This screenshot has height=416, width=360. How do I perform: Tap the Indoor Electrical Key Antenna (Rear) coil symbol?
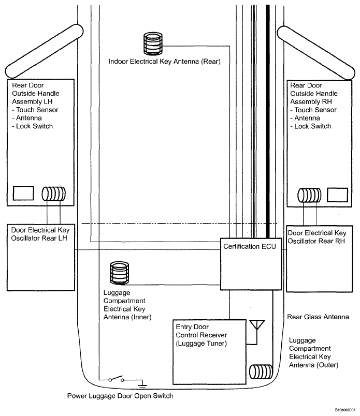click(x=153, y=44)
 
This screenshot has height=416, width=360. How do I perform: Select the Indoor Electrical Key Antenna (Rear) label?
click(x=165, y=62)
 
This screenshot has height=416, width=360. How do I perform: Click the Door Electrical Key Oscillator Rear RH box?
click(x=320, y=257)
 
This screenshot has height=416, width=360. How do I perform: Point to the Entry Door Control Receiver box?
click(x=210, y=344)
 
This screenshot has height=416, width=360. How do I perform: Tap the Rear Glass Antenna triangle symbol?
click(x=255, y=325)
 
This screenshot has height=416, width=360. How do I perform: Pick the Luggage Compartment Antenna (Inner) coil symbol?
click(x=119, y=273)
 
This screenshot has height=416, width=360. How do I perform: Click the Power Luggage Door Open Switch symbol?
click(x=116, y=380)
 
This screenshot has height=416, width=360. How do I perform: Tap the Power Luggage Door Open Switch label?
click(x=120, y=396)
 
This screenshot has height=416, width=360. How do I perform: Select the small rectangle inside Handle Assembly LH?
click(x=23, y=193)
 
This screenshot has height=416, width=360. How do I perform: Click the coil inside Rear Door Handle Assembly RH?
click(x=309, y=196)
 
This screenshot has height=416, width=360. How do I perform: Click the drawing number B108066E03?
click(x=344, y=409)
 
